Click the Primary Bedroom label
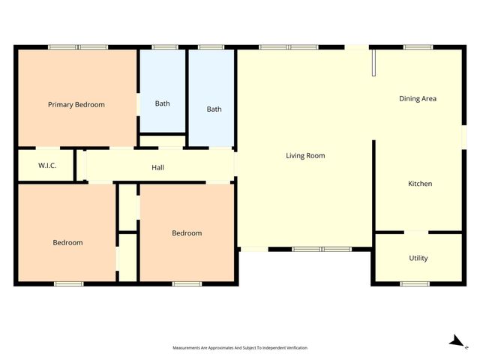tap(76, 104)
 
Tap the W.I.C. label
tap(37, 166)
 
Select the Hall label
tap(157, 167)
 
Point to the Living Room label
tap(305, 156)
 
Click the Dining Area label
tap(418, 98)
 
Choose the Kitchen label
tap(420, 184)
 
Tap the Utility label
tap(418, 258)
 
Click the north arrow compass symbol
tap(454, 341)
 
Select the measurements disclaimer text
tap(240, 348)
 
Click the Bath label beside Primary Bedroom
tap(162, 103)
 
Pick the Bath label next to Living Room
tap(214, 109)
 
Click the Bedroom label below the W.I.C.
tap(67, 242)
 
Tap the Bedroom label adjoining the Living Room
tap(187, 233)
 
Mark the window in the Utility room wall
tap(414, 283)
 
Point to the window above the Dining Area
tap(417, 48)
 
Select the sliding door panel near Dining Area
tap(373, 64)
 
